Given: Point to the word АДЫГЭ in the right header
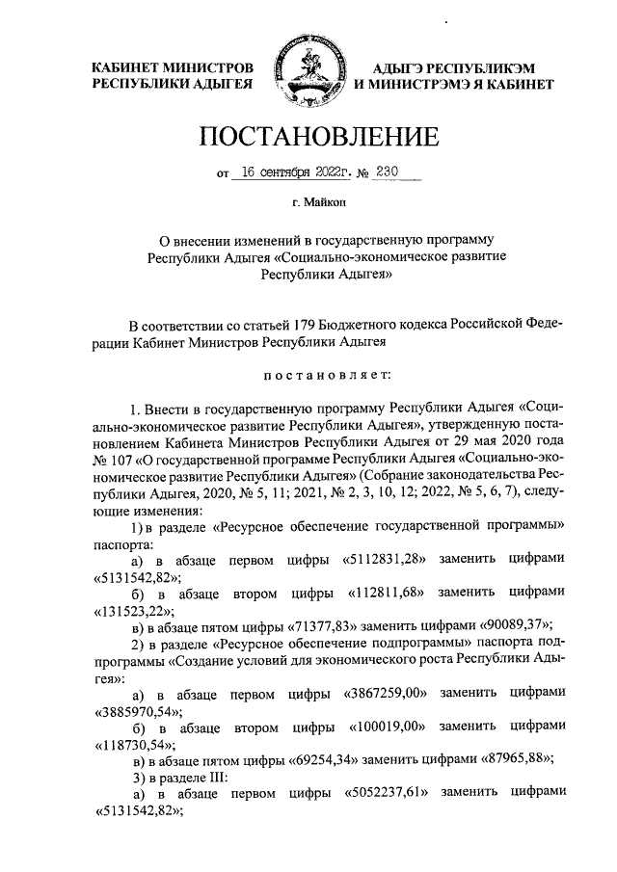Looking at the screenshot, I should click(409, 68).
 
